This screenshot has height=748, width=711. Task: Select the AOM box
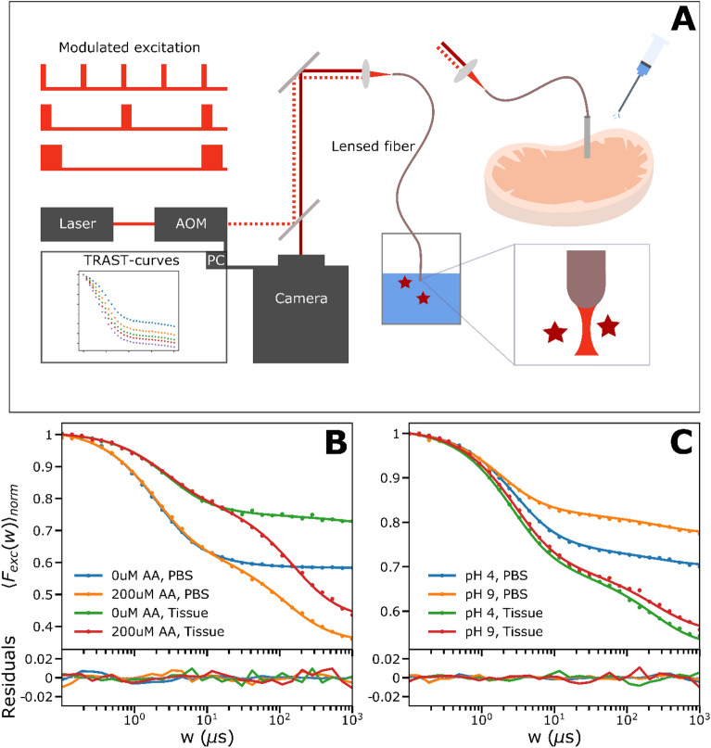click(191, 222)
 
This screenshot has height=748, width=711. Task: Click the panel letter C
click(676, 451)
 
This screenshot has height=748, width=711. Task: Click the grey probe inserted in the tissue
click(588, 136)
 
